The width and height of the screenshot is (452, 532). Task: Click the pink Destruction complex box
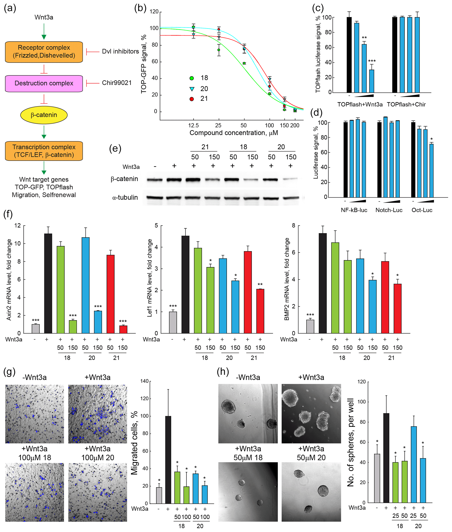coord(44,84)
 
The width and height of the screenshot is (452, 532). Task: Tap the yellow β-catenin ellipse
coord(44,115)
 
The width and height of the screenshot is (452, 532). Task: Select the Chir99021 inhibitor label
coord(117,83)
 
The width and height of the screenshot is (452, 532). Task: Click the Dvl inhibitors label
coord(120,52)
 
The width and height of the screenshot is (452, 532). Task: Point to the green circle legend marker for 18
coord(192,78)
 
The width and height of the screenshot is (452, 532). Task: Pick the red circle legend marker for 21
coord(192,99)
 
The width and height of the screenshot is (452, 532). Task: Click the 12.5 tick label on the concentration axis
coord(194,125)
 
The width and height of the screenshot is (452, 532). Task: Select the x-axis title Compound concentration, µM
coord(233,133)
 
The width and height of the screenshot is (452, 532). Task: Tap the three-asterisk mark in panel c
coord(372,61)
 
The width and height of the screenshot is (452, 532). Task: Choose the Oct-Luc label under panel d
coord(422,210)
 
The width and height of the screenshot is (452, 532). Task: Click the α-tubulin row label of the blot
coord(125,198)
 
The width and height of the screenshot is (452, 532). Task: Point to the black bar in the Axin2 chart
coord(48,283)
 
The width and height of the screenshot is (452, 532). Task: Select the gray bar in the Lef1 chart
coord(173,322)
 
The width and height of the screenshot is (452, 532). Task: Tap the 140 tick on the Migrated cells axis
coord(144,381)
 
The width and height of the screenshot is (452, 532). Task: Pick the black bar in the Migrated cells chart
coord(168,460)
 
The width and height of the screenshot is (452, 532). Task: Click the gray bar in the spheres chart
coord(377,478)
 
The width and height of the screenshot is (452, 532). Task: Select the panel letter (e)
coord(115,149)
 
